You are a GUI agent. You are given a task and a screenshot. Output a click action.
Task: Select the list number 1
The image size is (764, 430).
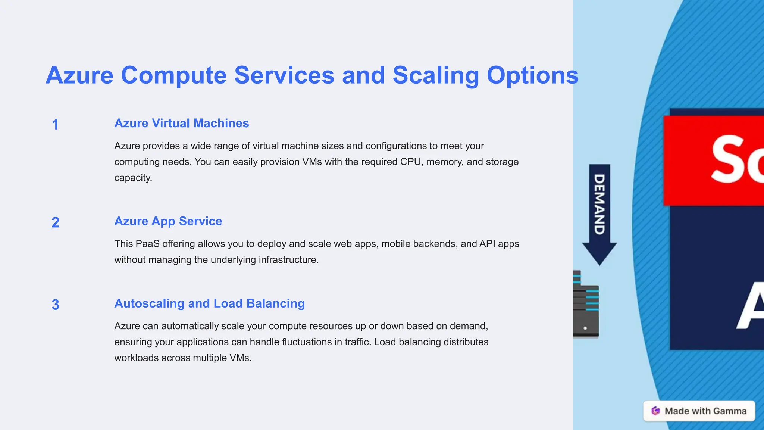click(55, 125)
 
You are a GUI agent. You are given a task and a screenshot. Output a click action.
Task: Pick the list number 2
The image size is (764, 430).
click(55, 222)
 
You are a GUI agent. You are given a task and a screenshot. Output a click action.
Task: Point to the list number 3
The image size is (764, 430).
click(55, 305)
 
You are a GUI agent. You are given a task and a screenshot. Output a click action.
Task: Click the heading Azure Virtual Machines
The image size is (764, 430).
click(181, 123)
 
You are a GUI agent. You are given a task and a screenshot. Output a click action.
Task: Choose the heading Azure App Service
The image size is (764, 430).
click(168, 221)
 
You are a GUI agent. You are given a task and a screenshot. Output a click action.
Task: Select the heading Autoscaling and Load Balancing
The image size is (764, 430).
click(209, 303)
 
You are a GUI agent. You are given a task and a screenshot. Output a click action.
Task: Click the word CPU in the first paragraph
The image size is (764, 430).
click(411, 162)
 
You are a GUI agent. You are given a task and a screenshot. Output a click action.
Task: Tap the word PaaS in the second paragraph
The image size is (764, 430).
click(147, 244)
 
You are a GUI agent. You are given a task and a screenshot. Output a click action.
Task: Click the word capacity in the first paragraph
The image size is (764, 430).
click(133, 178)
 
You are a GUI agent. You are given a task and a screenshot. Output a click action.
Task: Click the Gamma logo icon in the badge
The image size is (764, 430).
click(655, 411)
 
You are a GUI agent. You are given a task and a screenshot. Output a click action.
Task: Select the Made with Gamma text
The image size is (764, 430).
click(705, 411)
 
